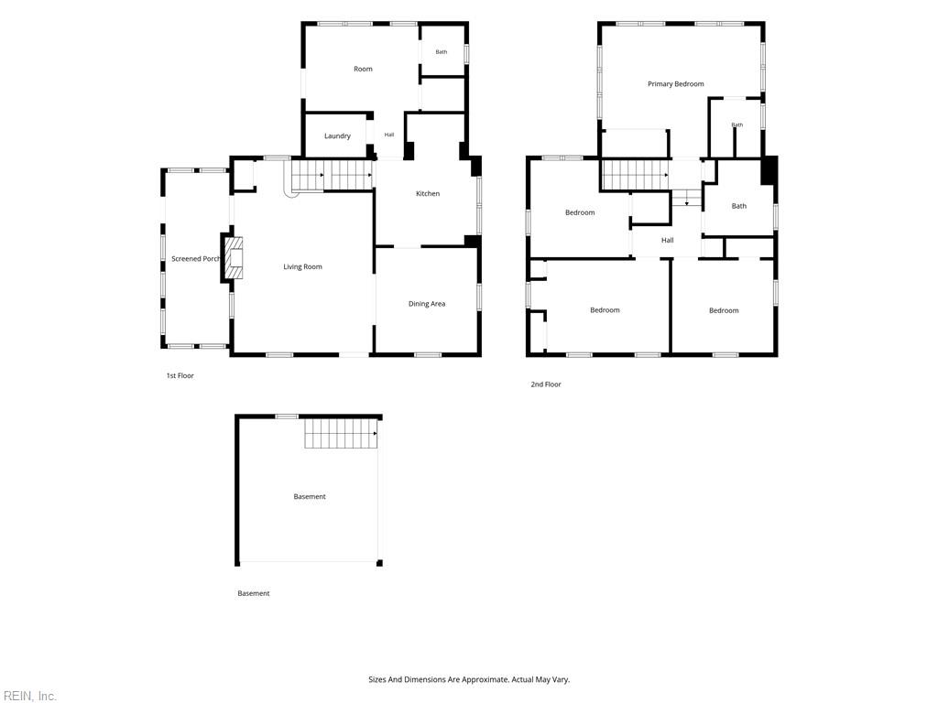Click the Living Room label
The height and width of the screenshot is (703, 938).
302,267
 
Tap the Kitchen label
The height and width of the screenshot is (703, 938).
428,194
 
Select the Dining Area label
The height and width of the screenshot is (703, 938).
427,304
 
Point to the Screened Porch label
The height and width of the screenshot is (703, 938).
196,259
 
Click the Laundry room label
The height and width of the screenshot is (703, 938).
337,136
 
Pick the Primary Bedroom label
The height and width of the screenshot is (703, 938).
675,84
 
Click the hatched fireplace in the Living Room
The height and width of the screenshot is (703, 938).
233,258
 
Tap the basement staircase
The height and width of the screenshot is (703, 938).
341,433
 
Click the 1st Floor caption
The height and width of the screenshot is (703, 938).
180,376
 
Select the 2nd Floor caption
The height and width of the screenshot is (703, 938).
546,384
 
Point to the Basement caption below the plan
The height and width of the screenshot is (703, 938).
254,593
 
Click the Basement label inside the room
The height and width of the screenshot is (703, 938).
310,497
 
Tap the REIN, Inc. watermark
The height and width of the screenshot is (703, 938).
29,696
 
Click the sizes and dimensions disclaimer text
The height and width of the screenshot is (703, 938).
469,680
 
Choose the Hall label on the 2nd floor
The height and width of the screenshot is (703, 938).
668,241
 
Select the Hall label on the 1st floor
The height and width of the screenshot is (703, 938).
388,135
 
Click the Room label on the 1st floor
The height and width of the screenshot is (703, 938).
363,70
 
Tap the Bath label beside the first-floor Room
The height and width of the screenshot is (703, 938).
441,52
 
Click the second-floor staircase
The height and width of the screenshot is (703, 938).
636,175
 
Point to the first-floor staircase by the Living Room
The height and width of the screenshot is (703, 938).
331,176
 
